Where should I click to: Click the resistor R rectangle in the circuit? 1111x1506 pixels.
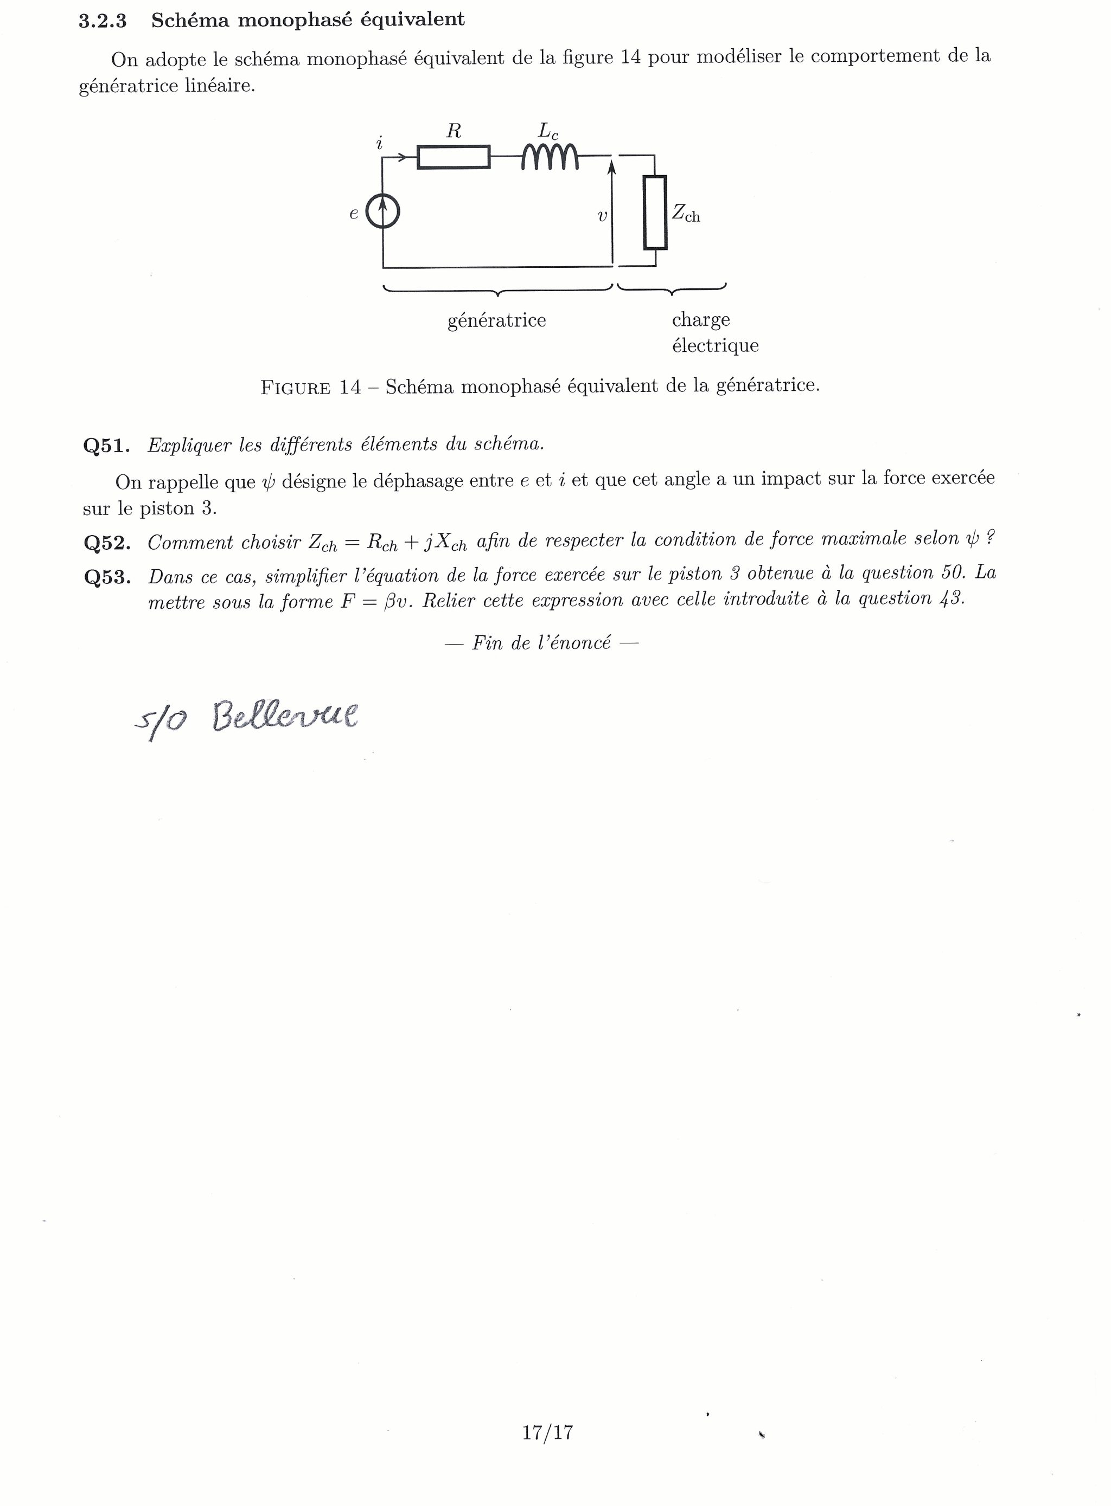[x=454, y=157]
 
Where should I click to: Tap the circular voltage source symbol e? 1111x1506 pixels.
[x=382, y=213]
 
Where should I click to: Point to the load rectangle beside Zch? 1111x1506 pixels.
[x=654, y=213]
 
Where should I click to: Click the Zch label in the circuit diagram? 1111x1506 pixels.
[x=685, y=214]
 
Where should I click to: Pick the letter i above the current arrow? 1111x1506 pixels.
[x=379, y=143]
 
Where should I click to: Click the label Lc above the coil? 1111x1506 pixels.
[x=548, y=130]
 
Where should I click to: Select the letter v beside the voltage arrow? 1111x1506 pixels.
[x=602, y=216]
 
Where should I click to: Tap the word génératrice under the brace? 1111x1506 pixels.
[x=496, y=320]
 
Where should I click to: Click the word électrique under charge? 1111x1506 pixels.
[x=715, y=345]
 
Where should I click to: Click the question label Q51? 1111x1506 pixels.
[x=106, y=446]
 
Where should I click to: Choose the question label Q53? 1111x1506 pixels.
[x=107, y=577]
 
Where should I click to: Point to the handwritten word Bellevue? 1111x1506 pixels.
[x=285, y=716]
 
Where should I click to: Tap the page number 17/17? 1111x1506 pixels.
[x=547, y=1432]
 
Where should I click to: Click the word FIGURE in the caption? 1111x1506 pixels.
[x=295, y=388]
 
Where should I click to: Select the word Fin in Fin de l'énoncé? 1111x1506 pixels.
[x=486, y=643]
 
